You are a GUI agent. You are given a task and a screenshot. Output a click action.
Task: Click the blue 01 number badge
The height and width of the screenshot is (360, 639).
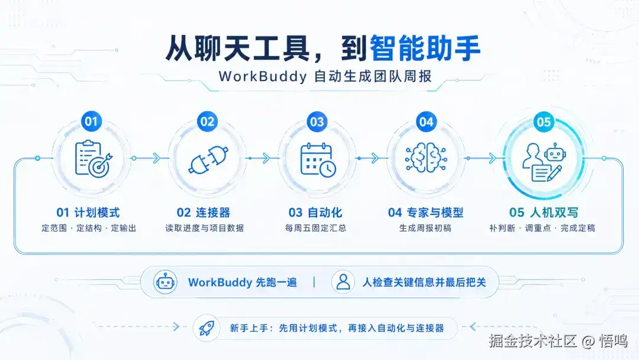(x=91, y=121)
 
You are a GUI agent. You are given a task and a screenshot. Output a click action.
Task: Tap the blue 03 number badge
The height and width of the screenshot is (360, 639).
(x=317, y=121)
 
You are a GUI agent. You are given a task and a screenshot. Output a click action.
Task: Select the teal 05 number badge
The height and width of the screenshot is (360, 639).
(x=544, y=121)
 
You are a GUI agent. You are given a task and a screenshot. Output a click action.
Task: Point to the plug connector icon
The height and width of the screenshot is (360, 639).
(x=208, y=160)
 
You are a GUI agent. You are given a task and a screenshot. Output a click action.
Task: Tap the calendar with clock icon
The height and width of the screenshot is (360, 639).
(x=318, y=160)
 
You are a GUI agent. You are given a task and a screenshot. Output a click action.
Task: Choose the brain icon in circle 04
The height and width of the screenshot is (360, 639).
(x=426, y=158)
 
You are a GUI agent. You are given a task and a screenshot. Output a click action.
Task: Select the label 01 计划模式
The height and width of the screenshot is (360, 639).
(x=88, y=213)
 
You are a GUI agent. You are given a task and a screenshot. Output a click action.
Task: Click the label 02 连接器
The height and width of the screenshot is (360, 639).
(x=204, y=213)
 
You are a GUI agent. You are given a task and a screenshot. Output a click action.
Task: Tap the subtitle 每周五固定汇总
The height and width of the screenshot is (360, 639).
(x=316, y=228)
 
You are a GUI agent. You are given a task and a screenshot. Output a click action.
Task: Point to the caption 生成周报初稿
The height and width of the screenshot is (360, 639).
(x=425, y=228)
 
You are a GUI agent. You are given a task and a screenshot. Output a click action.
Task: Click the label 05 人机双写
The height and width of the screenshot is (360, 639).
(x=544, y=213)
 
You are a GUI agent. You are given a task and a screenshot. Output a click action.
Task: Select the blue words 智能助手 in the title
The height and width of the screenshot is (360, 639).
(x=425, y=48)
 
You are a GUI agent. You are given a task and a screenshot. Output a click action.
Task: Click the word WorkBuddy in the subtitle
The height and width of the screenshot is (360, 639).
(x=263, y=76)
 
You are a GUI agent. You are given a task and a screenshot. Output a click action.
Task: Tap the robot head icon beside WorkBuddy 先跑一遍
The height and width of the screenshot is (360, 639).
(x=165, y=282)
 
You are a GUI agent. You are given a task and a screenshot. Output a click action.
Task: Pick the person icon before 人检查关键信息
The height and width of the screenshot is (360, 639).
(x=343, y=282)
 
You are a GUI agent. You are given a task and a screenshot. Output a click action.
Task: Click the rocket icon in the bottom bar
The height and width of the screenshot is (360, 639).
(x=206, y=328)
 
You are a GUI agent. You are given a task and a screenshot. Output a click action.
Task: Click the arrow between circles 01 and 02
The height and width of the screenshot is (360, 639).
(x=146, y=158)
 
